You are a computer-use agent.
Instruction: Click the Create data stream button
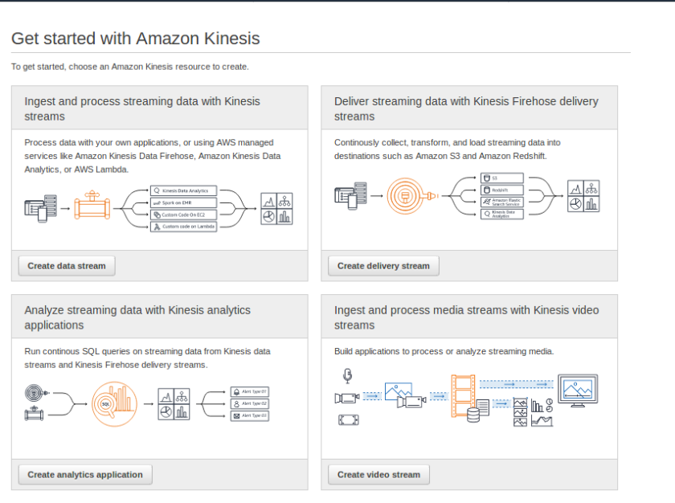67,266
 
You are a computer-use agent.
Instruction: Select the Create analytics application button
85,475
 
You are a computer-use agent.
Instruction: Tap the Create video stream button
378,475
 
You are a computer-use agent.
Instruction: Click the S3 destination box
508,178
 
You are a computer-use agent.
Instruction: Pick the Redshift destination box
508,190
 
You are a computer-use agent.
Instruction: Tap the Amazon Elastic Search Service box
508,202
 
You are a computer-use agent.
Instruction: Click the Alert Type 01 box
249,391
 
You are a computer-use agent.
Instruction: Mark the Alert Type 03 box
249,415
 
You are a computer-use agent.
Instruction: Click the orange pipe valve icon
92,207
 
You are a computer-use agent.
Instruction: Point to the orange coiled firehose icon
406,195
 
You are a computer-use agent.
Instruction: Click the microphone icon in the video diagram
347,375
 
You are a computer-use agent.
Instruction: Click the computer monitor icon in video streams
578,391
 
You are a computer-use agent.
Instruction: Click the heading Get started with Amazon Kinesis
135,39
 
